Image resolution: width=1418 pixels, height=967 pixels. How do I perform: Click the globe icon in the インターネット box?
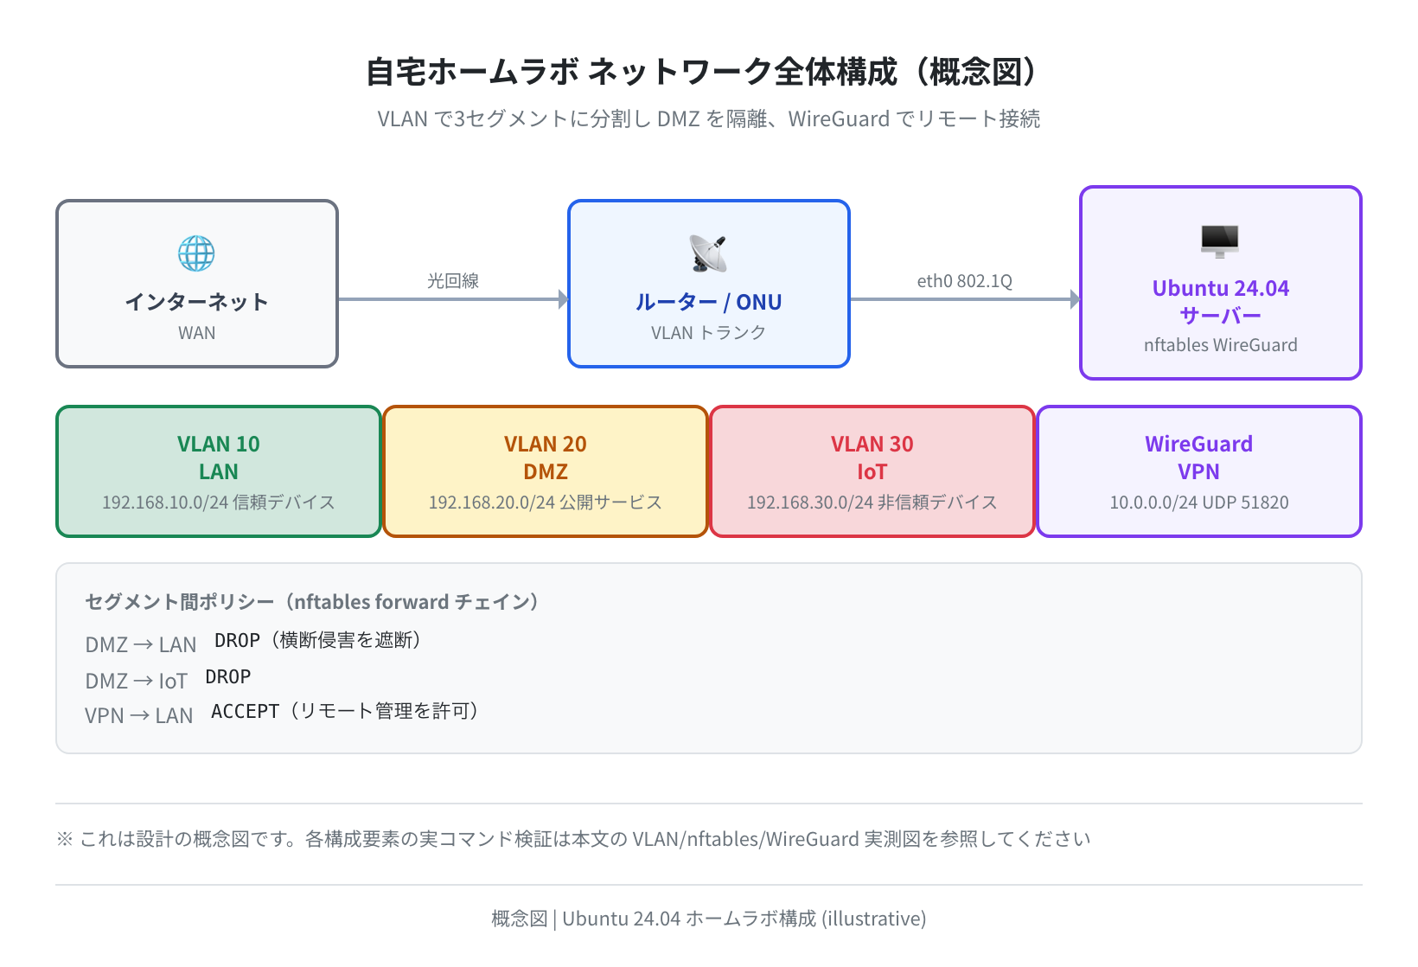pos(196,253)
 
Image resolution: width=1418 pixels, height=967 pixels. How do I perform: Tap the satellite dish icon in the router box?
pos(708,253)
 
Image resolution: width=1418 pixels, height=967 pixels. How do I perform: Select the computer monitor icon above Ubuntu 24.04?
pos(1220,241)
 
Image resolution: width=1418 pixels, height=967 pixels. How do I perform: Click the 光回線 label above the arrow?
pos(452,280)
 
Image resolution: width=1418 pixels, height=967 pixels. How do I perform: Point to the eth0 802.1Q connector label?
pos(965,280)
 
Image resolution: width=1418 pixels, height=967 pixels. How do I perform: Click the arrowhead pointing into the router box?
pos(564,299)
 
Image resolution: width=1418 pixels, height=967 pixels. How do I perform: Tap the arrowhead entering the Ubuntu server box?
pos(1075,299)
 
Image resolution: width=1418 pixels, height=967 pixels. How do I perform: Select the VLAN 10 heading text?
pos(219,444)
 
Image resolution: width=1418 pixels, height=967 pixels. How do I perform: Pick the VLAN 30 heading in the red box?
pos(872,444)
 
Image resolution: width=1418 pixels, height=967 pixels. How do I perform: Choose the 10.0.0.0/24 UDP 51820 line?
pos(1199,503)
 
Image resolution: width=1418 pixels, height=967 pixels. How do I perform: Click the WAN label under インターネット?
pos(197,332)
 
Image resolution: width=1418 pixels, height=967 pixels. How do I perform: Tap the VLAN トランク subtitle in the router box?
pos(708,332)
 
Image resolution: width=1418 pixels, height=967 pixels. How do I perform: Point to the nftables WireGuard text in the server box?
pos(1221,344)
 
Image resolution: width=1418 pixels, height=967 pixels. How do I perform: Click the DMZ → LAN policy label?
pos(141,644)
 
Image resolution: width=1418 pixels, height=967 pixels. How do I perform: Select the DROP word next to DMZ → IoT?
pos(228,676)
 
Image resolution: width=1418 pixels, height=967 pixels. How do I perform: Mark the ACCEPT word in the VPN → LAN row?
pos(245,711)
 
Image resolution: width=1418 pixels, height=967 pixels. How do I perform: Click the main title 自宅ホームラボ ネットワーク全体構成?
pos(631,72)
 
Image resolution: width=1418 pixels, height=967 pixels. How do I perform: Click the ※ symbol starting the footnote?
pos(65,839)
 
